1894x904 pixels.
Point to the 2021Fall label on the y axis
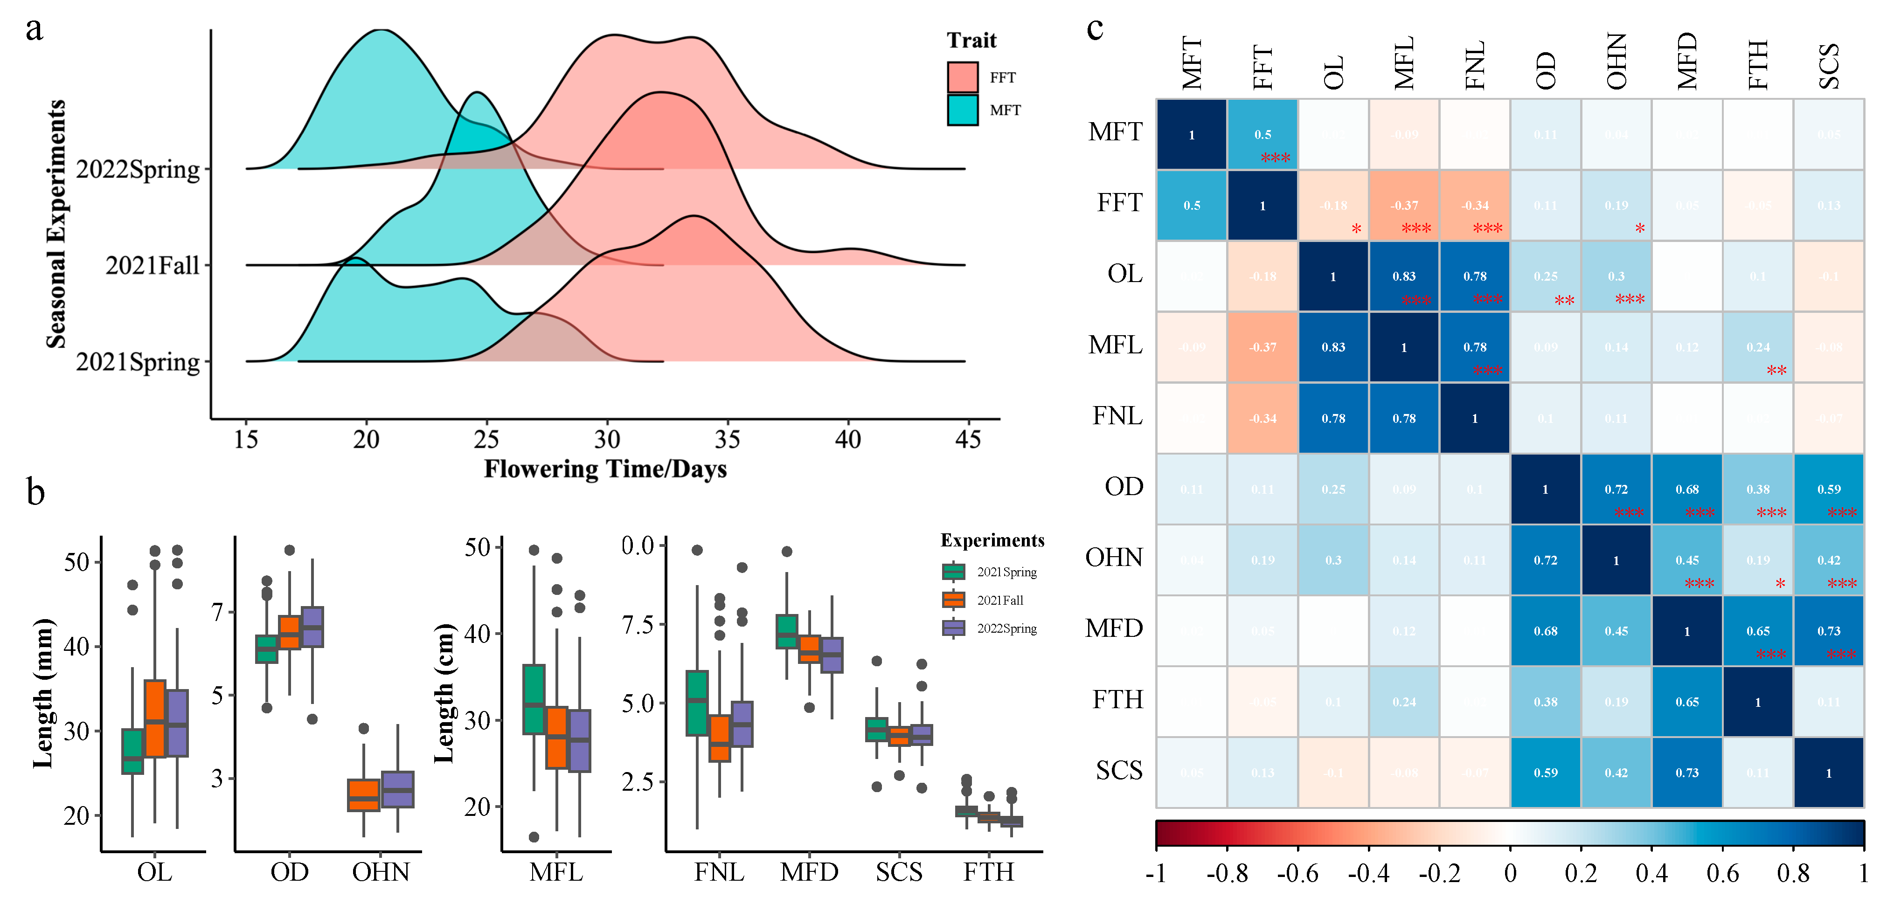(x=152, y=265)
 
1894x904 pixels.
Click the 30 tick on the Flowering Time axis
(x=607, y=440)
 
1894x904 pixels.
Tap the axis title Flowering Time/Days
(x=605, y=469)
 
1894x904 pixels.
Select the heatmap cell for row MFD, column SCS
(x=1829, y=631)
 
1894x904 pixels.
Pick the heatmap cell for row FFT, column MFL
(x=1403, y=206)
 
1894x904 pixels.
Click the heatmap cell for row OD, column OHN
(x=1616, y=489)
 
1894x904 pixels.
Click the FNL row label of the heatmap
(x=1117, y=416)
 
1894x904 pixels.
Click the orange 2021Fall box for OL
(x=155, y=718)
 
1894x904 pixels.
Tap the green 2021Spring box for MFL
(x=534, y=699)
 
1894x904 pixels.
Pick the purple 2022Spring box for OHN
(x=398, y=789)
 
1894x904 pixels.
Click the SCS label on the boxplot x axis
(x=898, y=872)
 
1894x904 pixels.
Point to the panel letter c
(x=1095, y=29)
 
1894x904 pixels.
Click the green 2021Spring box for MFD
(x=787, y=631)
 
